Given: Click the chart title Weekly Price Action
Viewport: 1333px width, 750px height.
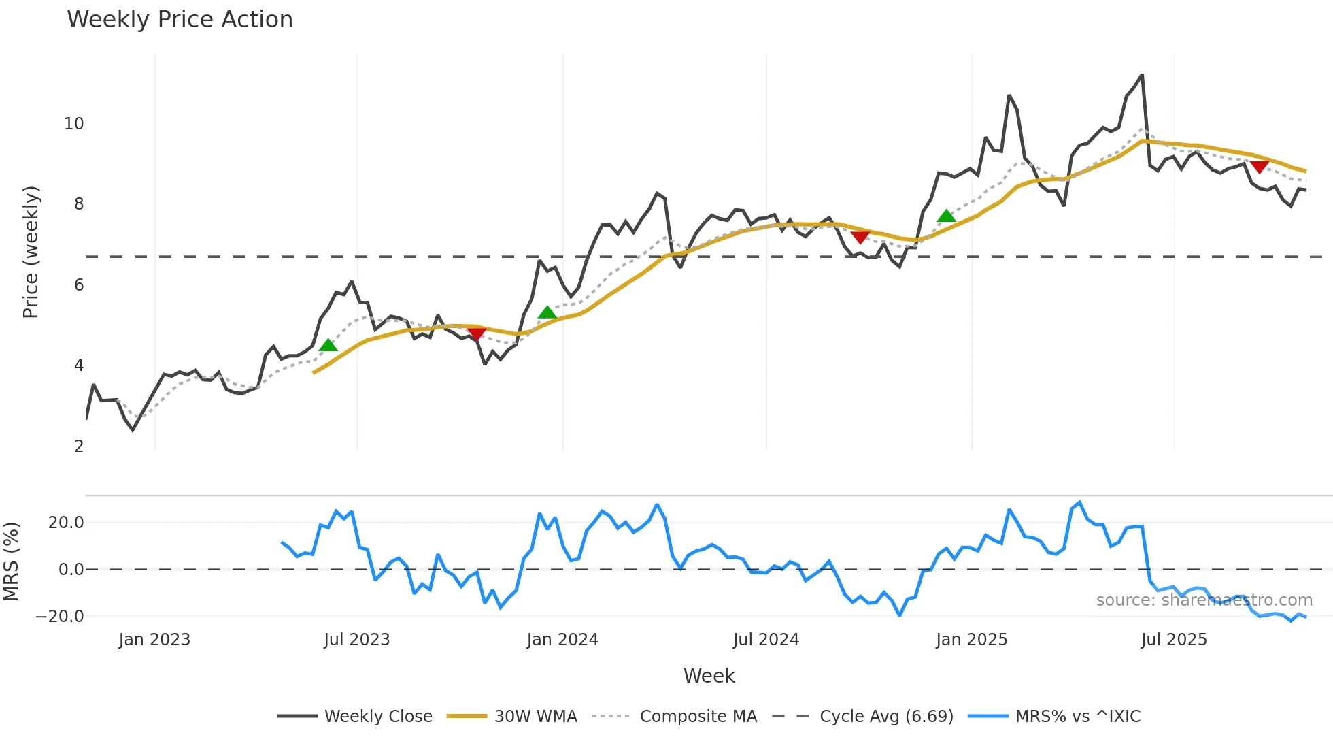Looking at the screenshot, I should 180,20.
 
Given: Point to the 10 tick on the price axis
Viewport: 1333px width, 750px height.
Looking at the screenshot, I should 74,124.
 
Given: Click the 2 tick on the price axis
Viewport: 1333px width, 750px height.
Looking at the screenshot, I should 79,446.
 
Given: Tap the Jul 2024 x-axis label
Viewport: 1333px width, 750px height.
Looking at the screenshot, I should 766,640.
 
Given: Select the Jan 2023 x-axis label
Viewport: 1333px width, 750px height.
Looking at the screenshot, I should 154,640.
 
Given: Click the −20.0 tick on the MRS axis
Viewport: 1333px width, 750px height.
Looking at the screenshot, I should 60,617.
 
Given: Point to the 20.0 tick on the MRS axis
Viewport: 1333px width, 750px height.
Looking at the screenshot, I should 66,523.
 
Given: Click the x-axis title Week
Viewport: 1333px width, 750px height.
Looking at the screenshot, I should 709,676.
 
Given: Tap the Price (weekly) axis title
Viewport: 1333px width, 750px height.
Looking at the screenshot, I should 31,252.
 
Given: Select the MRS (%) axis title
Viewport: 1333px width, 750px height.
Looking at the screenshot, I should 11,561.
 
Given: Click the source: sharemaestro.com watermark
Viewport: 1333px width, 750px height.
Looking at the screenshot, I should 1204,600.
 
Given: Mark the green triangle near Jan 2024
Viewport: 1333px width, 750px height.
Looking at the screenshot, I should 547,312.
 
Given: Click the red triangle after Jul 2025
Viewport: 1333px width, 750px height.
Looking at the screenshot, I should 1260,167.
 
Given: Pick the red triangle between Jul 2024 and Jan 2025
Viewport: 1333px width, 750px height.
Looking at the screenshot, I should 860,238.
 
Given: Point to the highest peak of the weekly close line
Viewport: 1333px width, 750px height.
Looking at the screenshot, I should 1142,75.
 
